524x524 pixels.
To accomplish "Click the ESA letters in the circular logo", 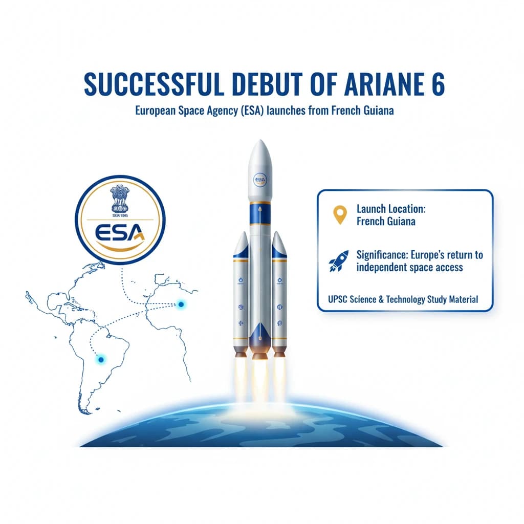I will click(120, 233).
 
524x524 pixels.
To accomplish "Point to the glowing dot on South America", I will click(101, 360).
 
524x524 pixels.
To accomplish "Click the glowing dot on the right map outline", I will click(181, 304).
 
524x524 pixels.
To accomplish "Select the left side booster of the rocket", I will click(241, 294).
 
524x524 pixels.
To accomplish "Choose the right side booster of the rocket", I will click(279, 294).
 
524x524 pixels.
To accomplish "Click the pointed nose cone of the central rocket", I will click(260, 154).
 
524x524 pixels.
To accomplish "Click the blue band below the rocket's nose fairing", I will click(260, 212).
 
